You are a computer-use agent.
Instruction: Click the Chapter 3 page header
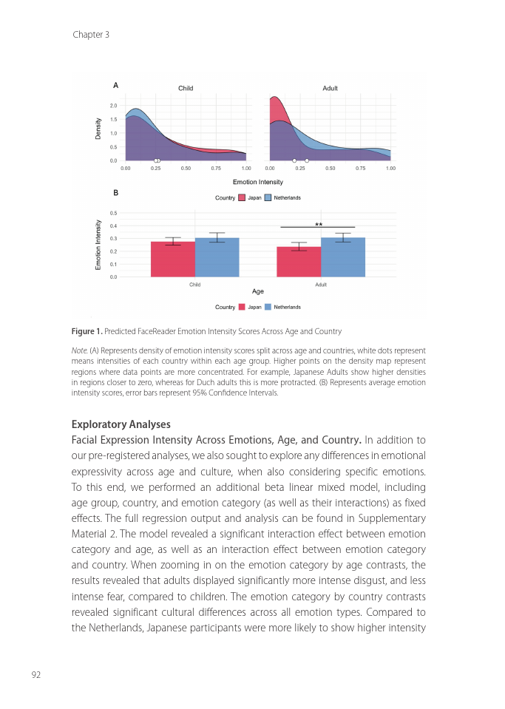click(x=91, y=35)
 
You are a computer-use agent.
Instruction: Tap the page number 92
click(x=35, y=674)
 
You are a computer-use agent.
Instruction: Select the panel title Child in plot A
click(x=186, y=89)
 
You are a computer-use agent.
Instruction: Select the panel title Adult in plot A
click(x=330, y=89)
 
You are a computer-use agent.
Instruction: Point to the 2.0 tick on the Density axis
click(x=114, y=106)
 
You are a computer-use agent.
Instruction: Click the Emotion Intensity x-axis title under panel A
click(x=257, y=182)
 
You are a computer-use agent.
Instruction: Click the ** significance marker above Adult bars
click(x=319, y=224)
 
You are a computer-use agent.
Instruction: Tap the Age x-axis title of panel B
click(x=258, y=292)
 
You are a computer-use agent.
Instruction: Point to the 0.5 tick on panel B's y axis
click(x=113, y=213)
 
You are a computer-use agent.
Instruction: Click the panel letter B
click(x=115, y=192)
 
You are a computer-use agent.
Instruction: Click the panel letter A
click(x=115, y=85)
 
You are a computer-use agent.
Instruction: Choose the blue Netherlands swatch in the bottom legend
click(x=268, y=307)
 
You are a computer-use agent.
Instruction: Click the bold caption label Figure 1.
click(x=87, y=330)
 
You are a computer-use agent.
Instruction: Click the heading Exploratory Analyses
click(x=121, y=424)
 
